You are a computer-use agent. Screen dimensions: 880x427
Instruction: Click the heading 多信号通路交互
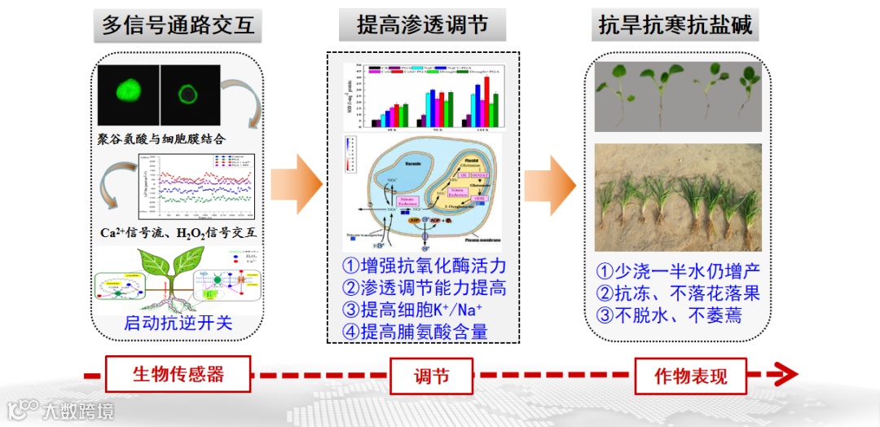[x=178, y=25]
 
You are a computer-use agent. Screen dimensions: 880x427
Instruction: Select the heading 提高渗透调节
[x=423, y=25]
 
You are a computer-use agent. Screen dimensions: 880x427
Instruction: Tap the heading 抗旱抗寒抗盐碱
[x=675, y=25]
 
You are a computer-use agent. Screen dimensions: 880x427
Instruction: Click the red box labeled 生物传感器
[x=178, y=375]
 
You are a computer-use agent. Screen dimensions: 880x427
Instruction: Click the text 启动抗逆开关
[x=178, y=323]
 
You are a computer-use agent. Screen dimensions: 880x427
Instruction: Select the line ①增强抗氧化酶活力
[x=424, y=266]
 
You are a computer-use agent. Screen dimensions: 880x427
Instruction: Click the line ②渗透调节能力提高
[x=424, y=288]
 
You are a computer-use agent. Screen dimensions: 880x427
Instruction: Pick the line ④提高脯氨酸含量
[x=414, y=331]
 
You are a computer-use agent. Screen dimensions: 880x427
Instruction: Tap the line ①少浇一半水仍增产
[x=678, y=271]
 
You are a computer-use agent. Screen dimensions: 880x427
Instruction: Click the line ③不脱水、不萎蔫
[x=668, y=315]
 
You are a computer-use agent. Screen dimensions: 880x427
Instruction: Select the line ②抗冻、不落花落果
[x=678, y=293]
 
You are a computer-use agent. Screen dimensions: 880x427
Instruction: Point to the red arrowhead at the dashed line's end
[x=784, y=375]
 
